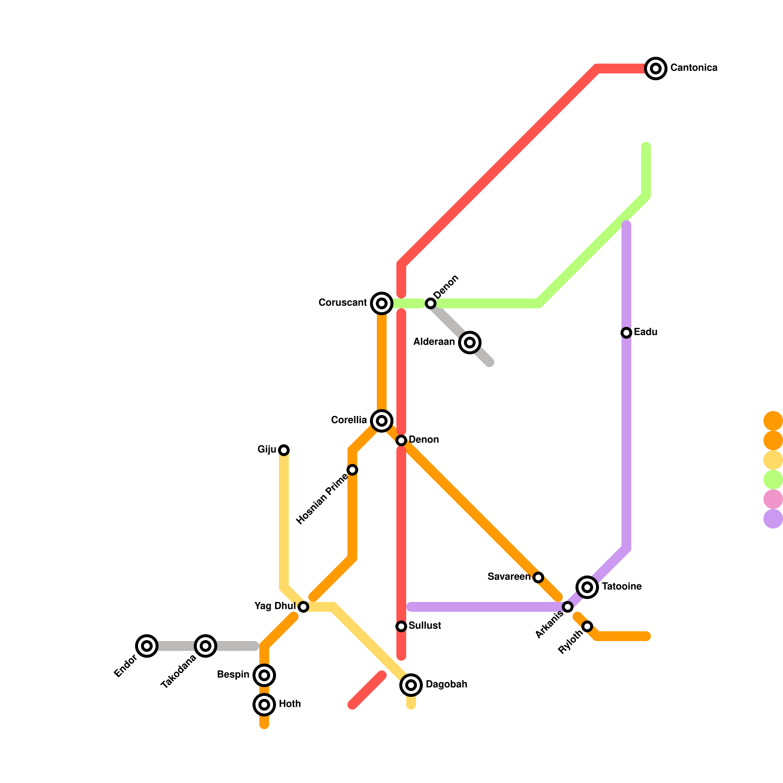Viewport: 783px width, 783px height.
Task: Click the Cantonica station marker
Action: [x=656, y=68]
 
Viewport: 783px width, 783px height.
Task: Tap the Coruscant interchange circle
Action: [x=382, y=303]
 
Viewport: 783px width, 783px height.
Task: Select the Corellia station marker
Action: [x=382, y=420]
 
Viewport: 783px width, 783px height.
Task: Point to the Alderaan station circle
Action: [x=470, y=342]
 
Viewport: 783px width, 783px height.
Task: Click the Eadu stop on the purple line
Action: [x=626, y=333]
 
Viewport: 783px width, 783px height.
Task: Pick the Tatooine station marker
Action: [x=587, y=587]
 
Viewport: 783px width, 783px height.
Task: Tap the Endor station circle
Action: [x=147, y=646]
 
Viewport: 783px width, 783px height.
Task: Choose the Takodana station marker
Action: [x=206, y=646]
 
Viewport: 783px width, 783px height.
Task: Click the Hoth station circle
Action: [x=264, y=705]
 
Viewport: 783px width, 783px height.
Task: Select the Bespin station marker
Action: [x=264, y=675]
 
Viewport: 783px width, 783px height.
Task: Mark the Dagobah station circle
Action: [x=411, y=685]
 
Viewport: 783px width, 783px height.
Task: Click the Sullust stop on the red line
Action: [x=401, y=626]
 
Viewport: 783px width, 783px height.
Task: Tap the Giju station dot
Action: [x=284, y=450]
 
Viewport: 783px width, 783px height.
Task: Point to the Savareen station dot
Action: [x=538, y=577]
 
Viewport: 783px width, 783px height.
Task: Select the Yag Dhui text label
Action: [x=275, y=606]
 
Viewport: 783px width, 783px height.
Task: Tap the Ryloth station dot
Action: [x=587, y=626]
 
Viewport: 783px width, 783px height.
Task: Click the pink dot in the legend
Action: [x=773, y=499]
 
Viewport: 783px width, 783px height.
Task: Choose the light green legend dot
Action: [x=773, y=480]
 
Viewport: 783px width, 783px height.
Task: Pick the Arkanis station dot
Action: [x=568, y=607]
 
